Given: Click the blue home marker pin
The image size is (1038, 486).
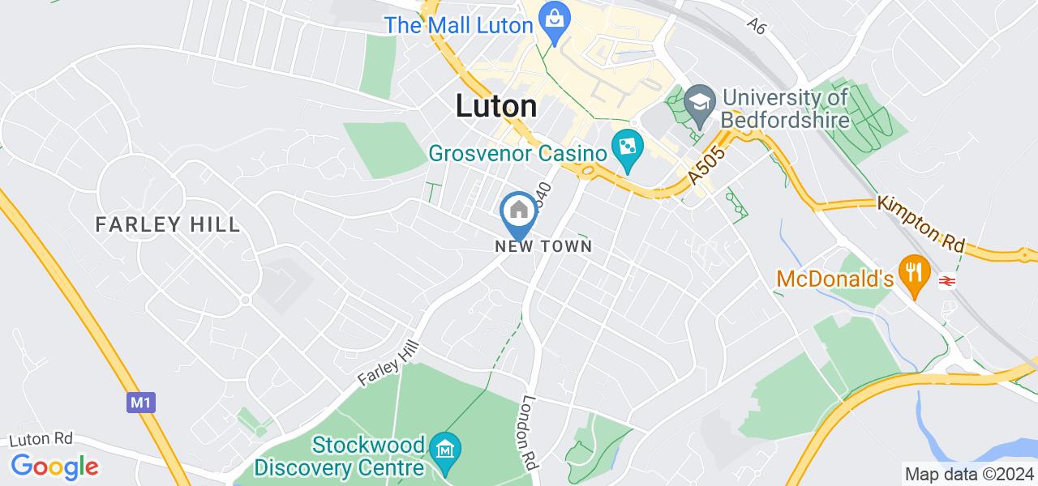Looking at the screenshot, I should (x=518, y=212).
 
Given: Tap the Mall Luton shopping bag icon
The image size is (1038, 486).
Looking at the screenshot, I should (x=555, y=19).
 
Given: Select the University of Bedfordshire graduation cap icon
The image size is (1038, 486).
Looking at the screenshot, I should (x=697, y=102).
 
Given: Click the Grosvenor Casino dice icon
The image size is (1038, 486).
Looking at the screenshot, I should (x=627, y=148).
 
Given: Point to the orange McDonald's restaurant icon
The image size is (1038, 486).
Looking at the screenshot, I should (x=915, y=271).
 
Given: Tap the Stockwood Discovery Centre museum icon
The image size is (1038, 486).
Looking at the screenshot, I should (x=445, y=447).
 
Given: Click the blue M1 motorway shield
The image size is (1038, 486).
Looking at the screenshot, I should (x=140, y=402).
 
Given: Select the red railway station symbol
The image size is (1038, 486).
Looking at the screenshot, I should (x=945, y=280).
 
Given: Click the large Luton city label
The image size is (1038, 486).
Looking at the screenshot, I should (x=496, y=106).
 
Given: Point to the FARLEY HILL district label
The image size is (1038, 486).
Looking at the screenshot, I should (x=168, y=224).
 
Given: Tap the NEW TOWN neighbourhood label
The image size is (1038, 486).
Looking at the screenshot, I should (x=544, y=246).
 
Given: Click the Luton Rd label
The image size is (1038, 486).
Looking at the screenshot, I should (x=41, y=439).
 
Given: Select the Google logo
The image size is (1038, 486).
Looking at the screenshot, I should (x=55, y=467).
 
